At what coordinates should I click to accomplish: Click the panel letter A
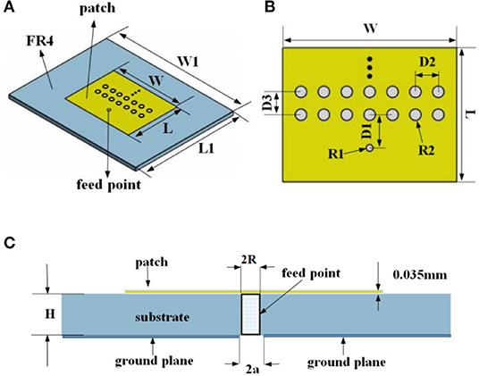pos(9,7)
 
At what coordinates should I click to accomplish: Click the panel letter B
pos(269,7)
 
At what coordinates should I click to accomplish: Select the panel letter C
pos(10,243)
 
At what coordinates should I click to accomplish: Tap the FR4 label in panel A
pos(39,40)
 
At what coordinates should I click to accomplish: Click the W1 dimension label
pos(189,63)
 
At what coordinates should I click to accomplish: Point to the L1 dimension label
pos(206,148)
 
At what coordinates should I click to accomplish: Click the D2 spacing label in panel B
pos(427,63)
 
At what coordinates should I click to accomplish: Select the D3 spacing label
pos(268,103)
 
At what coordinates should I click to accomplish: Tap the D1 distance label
pos(366,131)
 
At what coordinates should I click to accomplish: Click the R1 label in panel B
pos(336,155)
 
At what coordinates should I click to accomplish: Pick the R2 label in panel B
pos(426,150)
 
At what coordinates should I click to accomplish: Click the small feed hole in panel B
pos(370,148)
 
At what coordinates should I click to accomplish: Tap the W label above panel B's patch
pos(370,29)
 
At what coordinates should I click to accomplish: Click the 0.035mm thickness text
pos(420,275)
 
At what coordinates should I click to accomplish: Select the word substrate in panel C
pos(163,317)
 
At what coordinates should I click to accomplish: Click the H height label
pos(50,313)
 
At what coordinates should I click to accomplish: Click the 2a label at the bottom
pos(252,369)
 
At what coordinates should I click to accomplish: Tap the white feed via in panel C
pos(251,314)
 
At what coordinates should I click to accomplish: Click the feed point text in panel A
pos(109,185)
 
